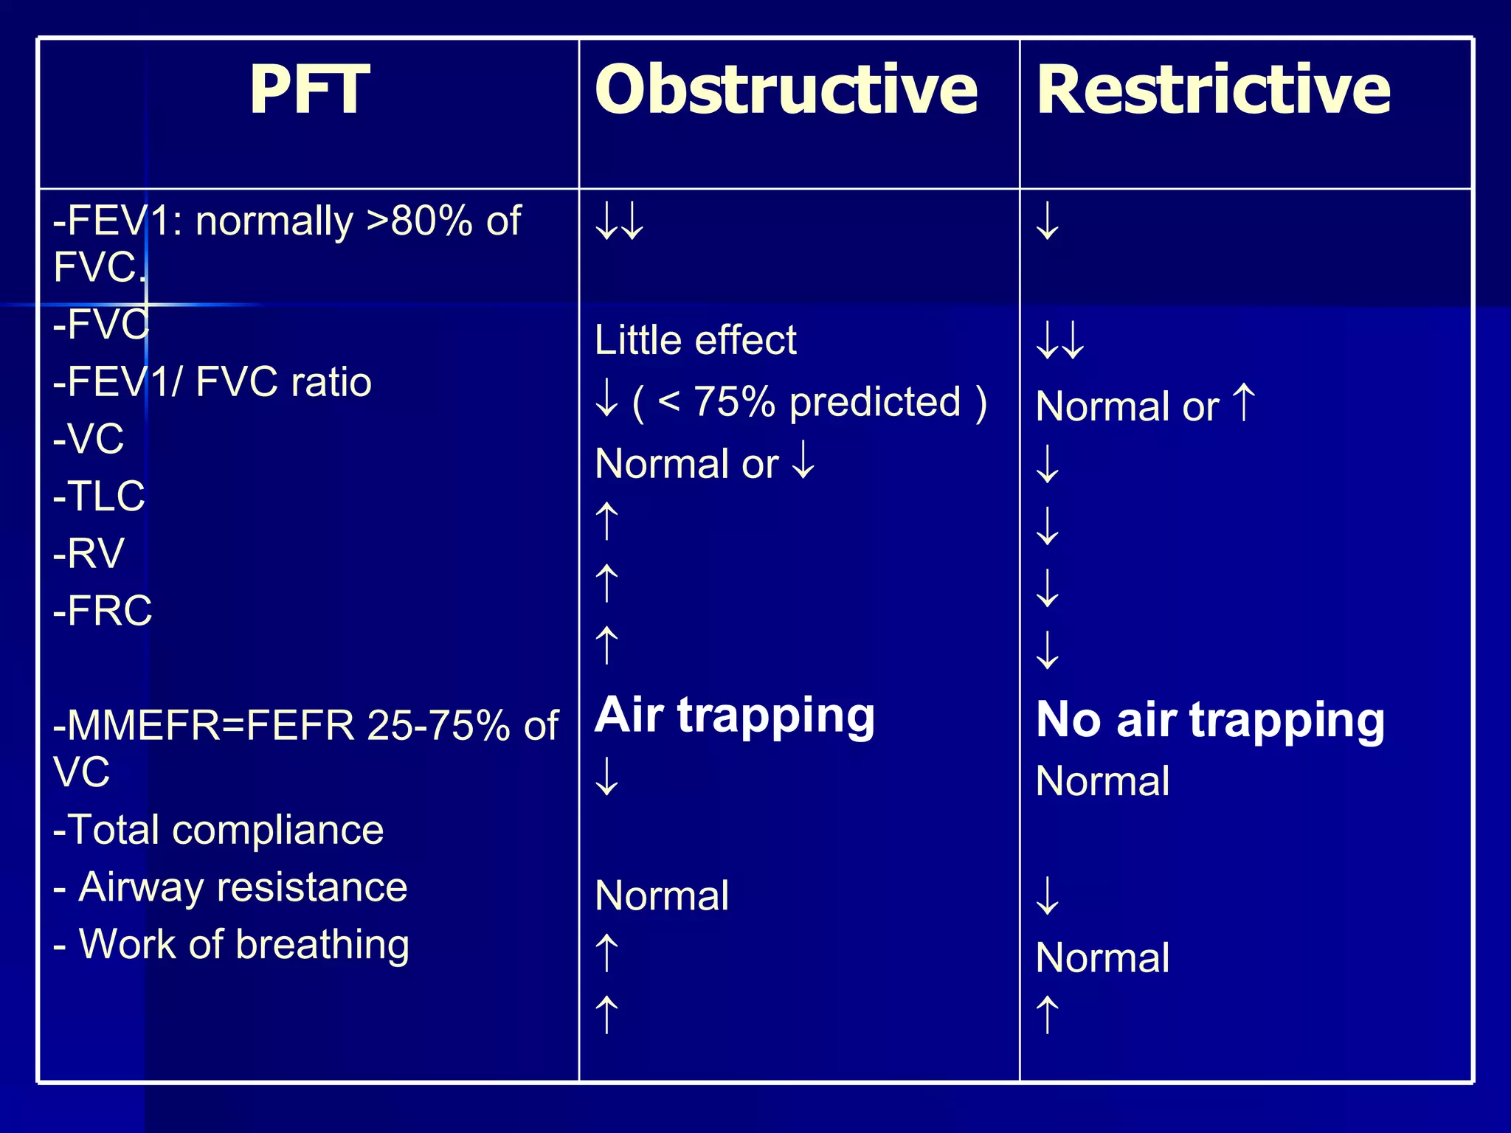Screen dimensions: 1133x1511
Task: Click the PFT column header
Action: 309,90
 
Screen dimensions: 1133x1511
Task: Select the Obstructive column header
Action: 786,90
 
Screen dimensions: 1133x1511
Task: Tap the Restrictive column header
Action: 1213,90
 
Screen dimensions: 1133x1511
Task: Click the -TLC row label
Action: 99,496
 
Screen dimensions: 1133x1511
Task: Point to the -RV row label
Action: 89,553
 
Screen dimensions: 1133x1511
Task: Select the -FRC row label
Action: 103,611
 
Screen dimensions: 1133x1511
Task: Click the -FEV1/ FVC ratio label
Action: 212,382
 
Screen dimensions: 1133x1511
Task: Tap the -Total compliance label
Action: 218,830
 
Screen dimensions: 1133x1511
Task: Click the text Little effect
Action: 695,340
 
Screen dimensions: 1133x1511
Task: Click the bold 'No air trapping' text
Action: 1210,720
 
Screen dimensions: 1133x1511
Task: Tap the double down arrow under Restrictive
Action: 1060,340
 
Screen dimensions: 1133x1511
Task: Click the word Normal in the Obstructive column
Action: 662,895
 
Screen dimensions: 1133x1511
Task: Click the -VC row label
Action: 89,439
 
